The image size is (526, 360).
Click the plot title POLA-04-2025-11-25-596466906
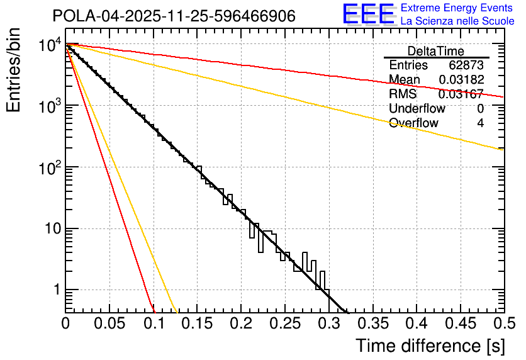(x=174, y=16)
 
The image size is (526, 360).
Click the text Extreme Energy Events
(x=449, y=8)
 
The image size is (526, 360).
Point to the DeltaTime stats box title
(x=436, y=51)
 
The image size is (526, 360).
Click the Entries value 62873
(x=466, y=65)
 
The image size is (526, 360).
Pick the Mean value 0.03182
(x=461, y=80)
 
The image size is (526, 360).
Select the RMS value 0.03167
(x=461, y=94)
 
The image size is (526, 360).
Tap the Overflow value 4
(x=480, y=123)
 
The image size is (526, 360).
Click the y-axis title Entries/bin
(x=14, y=71)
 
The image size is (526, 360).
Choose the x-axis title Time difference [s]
(x=429, y=346)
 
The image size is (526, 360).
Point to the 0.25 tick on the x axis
(x=284, y=323)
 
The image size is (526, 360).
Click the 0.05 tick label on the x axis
(x=109, y=323)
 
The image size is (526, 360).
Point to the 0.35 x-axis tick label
(x=372, y=323)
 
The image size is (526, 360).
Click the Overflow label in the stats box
(x=413, y=123)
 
